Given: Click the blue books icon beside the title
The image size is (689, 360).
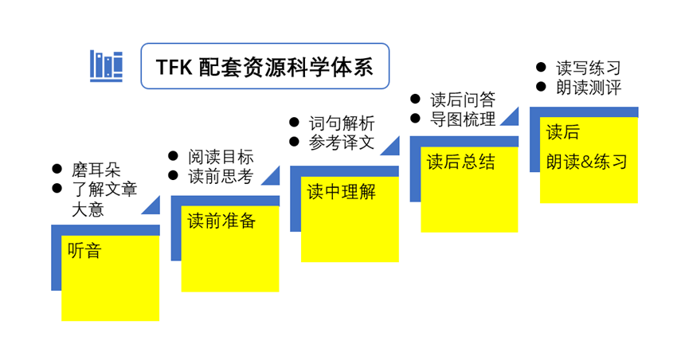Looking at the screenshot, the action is (x=107, y=66).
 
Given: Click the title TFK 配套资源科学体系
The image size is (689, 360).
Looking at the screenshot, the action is (x=264, y=67).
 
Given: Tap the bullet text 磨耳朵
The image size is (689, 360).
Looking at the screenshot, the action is (x=96, y=169).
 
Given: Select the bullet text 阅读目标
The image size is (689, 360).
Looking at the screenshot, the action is (x=221, y=156).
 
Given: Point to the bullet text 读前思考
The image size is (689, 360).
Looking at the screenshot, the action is (x=221, y=176).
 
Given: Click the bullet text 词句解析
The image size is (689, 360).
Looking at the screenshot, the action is (x=342, y=123).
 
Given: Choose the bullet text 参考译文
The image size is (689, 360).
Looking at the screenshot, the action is (x=342, y=143).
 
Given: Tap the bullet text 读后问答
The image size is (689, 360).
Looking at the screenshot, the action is (x=463, y=100).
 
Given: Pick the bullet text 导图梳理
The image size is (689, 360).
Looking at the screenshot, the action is (x=463, y=119).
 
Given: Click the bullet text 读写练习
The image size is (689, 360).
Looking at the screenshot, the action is (x=589, y=68).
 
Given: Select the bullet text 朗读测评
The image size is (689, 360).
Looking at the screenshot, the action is (x=589, y=88).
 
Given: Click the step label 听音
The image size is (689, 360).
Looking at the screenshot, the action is (x=84, y=251).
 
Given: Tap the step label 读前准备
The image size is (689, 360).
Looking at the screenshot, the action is (x=221, y=221).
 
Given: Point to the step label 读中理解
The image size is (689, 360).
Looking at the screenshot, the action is (x=341, y=192).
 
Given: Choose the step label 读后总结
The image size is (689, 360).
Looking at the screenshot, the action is (x=461, y=162).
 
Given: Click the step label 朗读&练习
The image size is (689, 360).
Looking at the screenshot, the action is (x=586, y=162).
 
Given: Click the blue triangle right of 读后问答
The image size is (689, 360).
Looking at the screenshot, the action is (x=512, y=119).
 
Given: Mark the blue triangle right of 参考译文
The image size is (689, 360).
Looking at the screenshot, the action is (x=393, y=148).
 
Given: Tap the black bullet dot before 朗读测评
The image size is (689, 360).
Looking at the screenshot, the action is (x=541, y=87).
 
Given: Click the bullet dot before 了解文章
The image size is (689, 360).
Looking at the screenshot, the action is (x=57, y=188).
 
